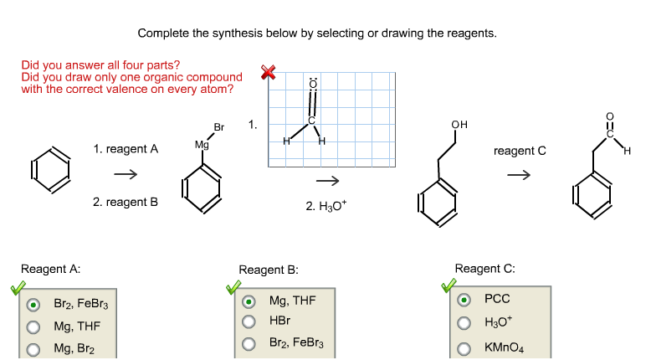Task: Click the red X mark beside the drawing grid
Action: coord(268,72)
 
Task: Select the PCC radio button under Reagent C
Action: coord(464,300)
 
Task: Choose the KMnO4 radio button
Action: coord(464,347)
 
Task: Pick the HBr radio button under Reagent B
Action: coord(249,321)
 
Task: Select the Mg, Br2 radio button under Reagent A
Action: coord(33,348)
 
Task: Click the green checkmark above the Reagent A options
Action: coord(18,288)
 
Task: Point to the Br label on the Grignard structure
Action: coord(219,127)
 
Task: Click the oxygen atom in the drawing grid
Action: coord(313,84)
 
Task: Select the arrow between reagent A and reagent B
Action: coord(126,175)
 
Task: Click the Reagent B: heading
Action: coord(268,270)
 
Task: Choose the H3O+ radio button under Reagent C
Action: coord(464,323)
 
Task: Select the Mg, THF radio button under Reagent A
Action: coord(33,327)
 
